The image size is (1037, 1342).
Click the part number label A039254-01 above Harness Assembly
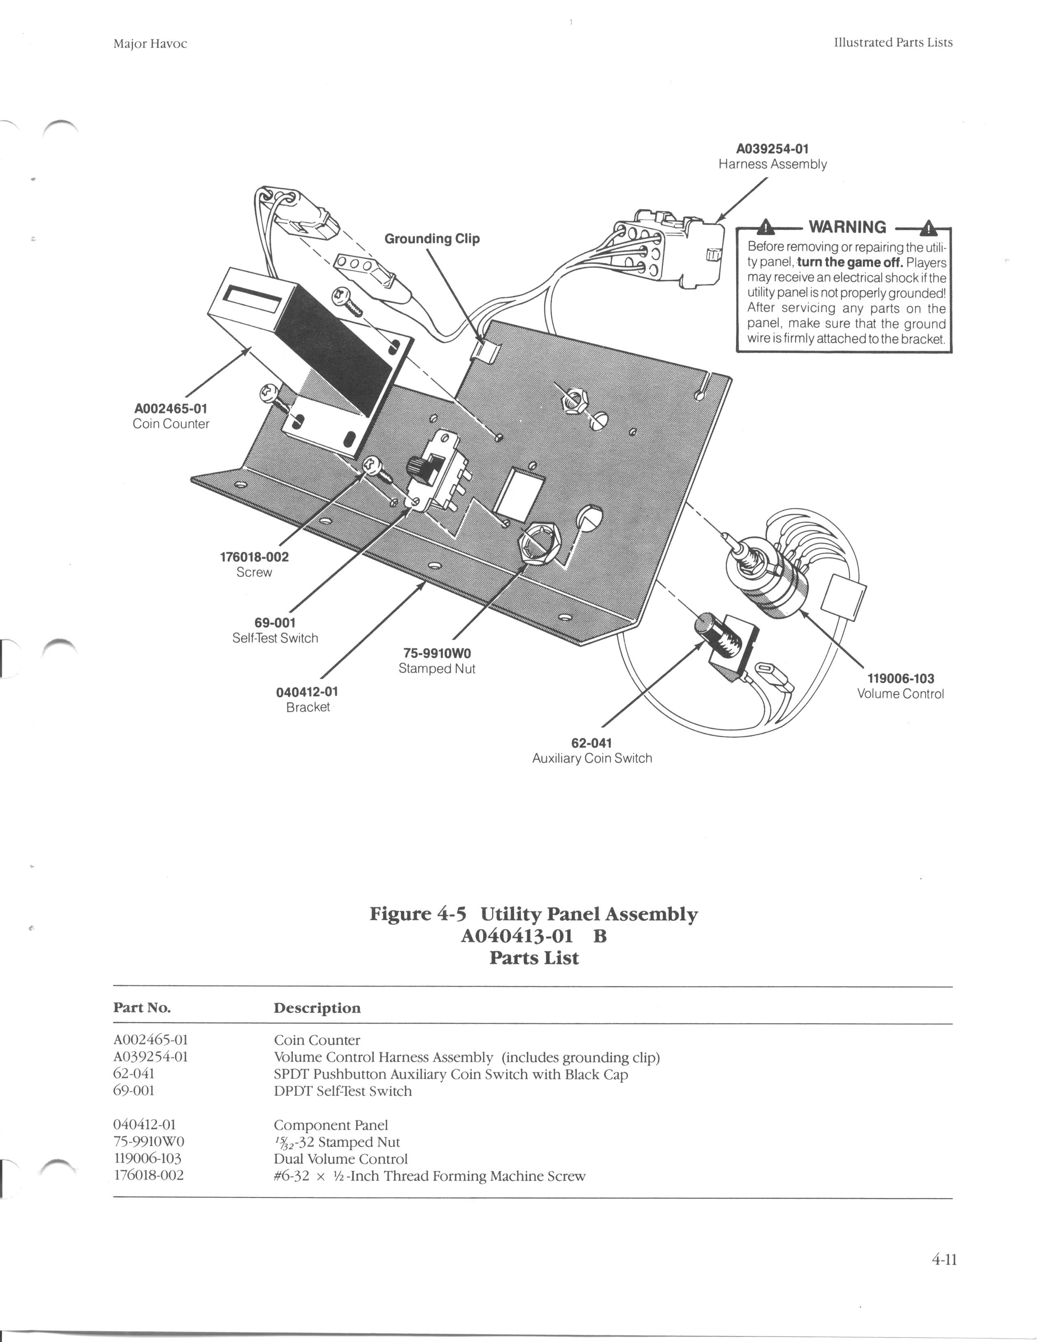pos(772,149)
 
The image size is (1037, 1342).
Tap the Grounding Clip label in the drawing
pos(432,238)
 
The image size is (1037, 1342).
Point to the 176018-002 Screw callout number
pos(254,557)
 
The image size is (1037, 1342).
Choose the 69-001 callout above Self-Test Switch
pos(275,623)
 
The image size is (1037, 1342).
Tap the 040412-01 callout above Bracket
pos(307,692)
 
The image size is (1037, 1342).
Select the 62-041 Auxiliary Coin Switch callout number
pos(592,743)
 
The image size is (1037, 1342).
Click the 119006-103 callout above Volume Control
pos(901,678)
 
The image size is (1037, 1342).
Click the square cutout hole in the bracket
pos(519,492)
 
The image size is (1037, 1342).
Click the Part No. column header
pos(142,1008)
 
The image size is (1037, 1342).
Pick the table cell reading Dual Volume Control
pos(340,1159)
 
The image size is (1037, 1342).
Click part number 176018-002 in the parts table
pos(149,1176)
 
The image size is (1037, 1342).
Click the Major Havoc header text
pos(150,44)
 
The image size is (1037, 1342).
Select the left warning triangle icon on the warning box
pos(765,227)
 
